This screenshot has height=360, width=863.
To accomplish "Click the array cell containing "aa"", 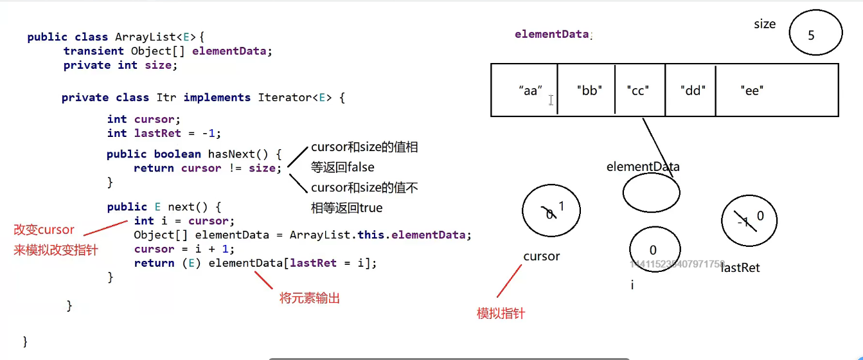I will coord(524,90).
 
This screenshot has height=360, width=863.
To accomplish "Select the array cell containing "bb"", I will coord(586,90).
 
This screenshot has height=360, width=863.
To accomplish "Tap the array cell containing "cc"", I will coord(639,90).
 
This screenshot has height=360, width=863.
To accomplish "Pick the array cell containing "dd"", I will coord(690,90).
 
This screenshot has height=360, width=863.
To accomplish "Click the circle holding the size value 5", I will coord(812,35).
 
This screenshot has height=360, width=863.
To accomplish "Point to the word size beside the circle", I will coord(765,24).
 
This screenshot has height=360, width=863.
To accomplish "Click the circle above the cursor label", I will coord(551,210).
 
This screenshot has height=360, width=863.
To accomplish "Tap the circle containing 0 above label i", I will coord(653,250).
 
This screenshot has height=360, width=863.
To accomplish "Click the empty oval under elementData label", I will coord(651,192).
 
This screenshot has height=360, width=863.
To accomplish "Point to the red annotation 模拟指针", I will coord(501,314).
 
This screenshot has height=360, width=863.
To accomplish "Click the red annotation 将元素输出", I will coord(310,298).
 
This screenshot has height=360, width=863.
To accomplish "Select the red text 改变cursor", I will coord(44,230).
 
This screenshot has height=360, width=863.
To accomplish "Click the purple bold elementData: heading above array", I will coord(553,35).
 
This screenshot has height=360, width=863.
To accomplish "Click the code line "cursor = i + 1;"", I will coord(184,249).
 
